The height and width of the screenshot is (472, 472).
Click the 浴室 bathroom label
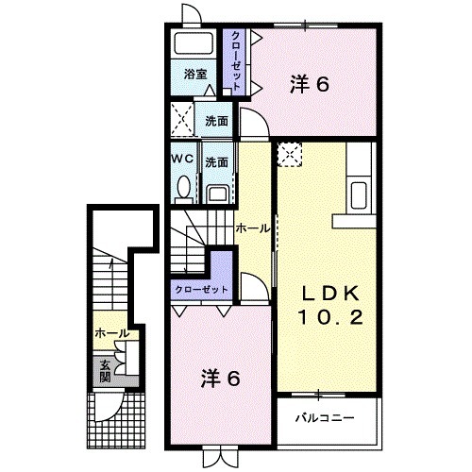[194, 73]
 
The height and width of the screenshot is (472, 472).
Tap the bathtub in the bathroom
[195, 44]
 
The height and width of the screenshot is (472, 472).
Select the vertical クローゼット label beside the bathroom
[235, 60]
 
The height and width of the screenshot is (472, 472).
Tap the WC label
[182, 160]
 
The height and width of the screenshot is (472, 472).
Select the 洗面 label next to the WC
[217, 161]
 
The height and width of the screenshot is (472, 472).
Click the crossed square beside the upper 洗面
[183, 121]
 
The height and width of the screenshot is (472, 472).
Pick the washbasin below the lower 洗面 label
[216, 193]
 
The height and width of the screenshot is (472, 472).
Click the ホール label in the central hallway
[252, 228]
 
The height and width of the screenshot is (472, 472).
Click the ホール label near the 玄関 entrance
[110, 334]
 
